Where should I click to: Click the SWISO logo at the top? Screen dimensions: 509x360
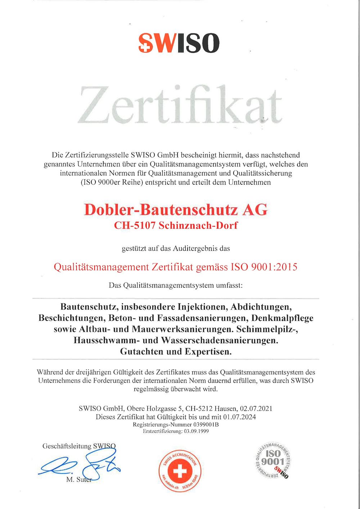[x=179, y=43]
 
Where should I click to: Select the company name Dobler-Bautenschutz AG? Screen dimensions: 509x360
[x=176, y=210]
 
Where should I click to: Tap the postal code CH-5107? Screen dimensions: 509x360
[x=135, y=226]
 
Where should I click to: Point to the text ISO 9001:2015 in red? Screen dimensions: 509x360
[x=264, y=267]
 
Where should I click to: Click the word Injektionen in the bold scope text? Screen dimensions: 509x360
[x=203, y=307]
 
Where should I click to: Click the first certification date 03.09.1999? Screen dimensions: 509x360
[x=196, y=431]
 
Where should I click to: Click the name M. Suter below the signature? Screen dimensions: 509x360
[x=79, y=480]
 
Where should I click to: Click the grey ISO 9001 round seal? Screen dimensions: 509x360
[x=273, y=459]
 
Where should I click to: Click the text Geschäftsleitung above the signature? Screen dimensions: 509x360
[x=67, y=446]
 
